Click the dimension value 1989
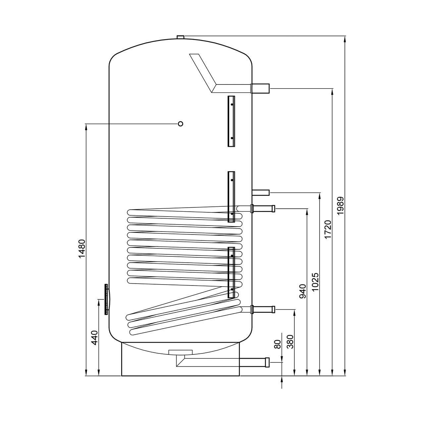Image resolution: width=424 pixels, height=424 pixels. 341,206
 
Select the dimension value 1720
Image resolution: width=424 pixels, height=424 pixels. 328,229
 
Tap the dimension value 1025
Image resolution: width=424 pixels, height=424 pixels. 315,282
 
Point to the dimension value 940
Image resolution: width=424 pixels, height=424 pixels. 302,291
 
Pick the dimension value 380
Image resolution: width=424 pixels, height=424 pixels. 290,341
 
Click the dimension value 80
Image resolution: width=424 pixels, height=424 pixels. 278,344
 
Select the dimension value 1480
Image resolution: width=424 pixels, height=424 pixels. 82,248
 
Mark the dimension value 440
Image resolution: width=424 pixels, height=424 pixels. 95,338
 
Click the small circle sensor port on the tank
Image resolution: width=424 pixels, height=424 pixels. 181,124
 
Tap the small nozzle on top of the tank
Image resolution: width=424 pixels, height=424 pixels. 181,37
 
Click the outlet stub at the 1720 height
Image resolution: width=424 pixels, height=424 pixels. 260,88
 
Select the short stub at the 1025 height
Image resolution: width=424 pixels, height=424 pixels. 261,192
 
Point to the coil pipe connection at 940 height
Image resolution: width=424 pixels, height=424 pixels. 263,209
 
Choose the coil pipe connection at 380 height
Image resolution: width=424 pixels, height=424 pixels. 263,309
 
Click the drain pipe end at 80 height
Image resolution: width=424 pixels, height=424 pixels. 267,362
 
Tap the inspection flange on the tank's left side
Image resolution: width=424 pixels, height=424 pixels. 106,299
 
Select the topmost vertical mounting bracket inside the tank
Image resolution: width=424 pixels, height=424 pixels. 231,121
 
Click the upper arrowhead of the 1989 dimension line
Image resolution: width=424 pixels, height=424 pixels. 345,39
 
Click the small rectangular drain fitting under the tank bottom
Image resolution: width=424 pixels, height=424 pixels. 180,352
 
